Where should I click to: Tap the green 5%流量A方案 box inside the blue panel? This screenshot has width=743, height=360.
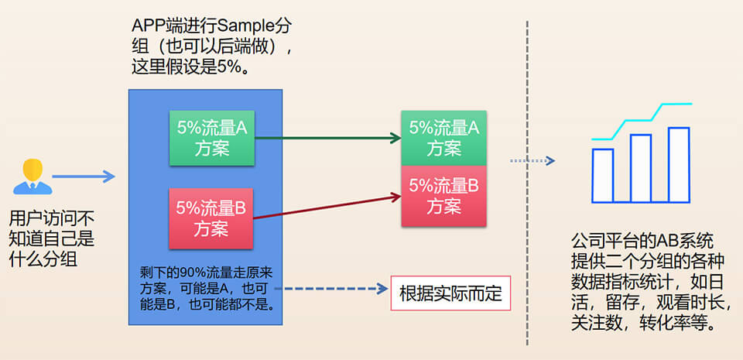tap(212, 138)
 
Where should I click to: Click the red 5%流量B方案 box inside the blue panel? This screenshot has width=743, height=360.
tap(211, 218)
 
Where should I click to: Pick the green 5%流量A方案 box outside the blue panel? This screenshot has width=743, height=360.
tap(443, 138)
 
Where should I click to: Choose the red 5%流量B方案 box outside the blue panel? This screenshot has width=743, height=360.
tap(443, 196)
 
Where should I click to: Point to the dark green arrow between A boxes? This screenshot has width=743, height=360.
tap(327, 139)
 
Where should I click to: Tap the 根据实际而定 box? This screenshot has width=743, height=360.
tap(450, 293)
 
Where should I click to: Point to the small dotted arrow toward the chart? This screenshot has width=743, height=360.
tap(532, 161)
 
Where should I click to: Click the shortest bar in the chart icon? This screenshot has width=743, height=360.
tap(603, 174)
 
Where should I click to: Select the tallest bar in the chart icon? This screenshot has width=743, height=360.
tap(679, 164)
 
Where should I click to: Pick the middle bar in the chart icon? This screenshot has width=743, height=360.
tap(640, 168)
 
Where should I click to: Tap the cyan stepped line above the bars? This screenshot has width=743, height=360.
tap(639, 120)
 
